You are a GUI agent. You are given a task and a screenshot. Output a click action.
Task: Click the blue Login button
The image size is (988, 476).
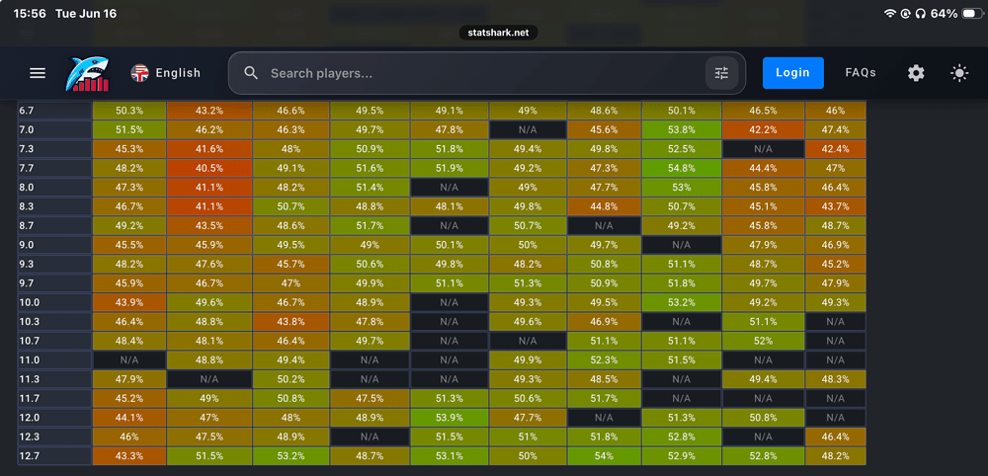click(x=792, y=73)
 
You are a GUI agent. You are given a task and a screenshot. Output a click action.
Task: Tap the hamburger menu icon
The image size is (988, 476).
click(x=38, y=73)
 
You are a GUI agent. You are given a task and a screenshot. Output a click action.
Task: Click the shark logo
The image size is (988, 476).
click(x=87, y=74)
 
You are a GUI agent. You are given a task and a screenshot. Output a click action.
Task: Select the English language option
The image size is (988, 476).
click(x=166, y=73)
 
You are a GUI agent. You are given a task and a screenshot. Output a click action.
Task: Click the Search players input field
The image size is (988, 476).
click(x=466, y=73)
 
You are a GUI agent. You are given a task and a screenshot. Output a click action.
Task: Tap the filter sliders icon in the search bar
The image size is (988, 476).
click(x=721, y=73)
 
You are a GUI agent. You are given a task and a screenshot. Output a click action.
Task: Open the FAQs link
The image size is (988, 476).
click(x=861, y=73)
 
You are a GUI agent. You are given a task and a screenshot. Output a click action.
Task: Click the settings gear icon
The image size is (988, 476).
click(x=916, y=73)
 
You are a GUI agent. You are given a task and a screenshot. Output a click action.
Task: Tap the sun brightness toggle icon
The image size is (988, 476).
click(x=959, y=73)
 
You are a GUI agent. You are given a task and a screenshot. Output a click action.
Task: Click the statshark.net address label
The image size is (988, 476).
click(x=498, y=33)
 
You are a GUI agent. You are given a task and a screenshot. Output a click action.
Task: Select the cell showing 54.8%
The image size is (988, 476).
click(x=681, y=169)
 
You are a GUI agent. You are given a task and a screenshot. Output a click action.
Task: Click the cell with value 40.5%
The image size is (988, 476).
click(x=209, y=169)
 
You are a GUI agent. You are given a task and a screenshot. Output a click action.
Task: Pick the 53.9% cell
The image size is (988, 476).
click(x=450, y=418)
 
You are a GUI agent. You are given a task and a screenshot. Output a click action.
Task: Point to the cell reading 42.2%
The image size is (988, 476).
click(x=763, y=130)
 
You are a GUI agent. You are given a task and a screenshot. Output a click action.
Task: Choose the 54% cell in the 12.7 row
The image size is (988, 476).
click(x=604, y=456)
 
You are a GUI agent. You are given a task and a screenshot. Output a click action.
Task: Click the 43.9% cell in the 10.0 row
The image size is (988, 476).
click(x=129, y=303)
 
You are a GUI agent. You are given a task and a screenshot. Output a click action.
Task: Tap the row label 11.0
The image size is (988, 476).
click(x=54, y=360)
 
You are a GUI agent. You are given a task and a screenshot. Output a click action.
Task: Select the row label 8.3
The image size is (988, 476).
click(x=54, y=207)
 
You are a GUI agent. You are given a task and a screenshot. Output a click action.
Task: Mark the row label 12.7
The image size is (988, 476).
click(x=54, y=456)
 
